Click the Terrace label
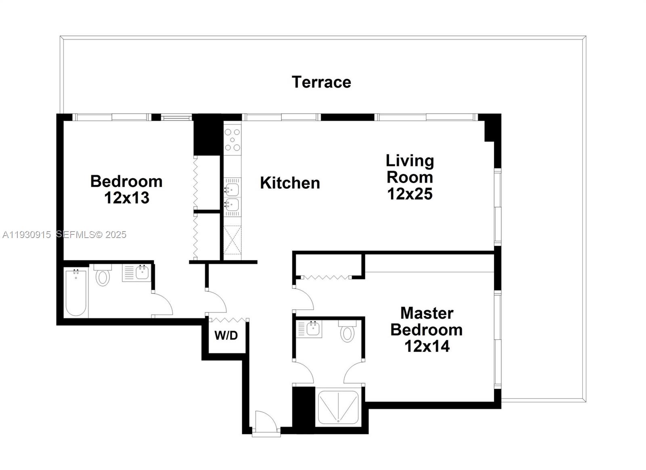tap(321, 82)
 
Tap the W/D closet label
tap(226, 335)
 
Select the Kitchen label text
tap(290, 183)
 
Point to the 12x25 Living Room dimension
tap(410, 194)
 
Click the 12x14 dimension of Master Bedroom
tap(427, 346)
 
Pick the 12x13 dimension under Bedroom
tap(127, 198)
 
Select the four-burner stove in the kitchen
tap(233, 139)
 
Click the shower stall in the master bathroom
tap(338, 407)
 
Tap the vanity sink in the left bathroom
tap(143, 273)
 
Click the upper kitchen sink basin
tap(232, 189)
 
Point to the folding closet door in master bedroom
tap(327, 278)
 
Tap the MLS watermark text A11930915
tap(27, 235)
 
